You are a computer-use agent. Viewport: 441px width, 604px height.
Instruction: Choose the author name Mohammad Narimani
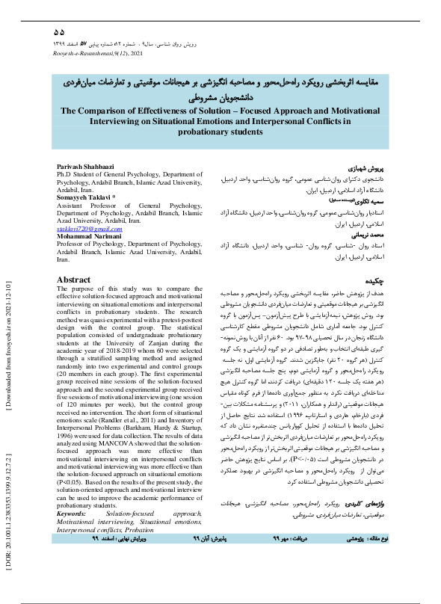point(89,235)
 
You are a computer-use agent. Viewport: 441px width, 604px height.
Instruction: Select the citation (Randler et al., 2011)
point(152,428)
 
